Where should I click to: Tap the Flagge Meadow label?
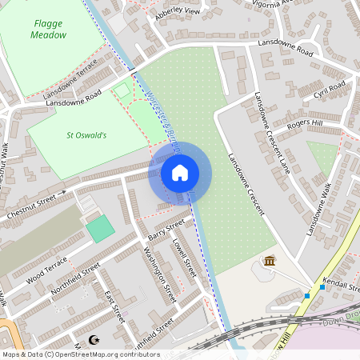(x=49, y=30)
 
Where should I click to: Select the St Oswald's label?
(x=86, y=135)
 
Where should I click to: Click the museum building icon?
(x=270, y=262)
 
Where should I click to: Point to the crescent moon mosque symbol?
(x=98, y=339)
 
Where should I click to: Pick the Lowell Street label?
(x=186, y=255)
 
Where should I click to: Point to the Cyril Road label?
(x=329, y=88)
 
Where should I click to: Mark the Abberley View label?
(x=178, y=12)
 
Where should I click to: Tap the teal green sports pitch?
(x=100, y=228)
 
